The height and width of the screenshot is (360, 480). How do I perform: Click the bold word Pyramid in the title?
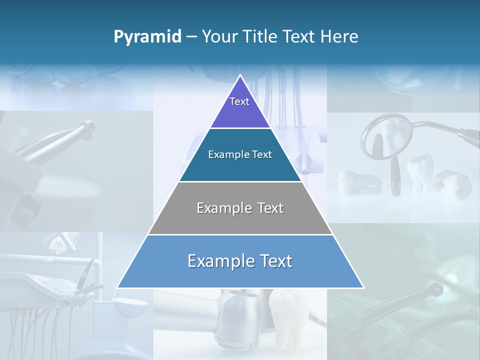[x=147, y=37]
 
